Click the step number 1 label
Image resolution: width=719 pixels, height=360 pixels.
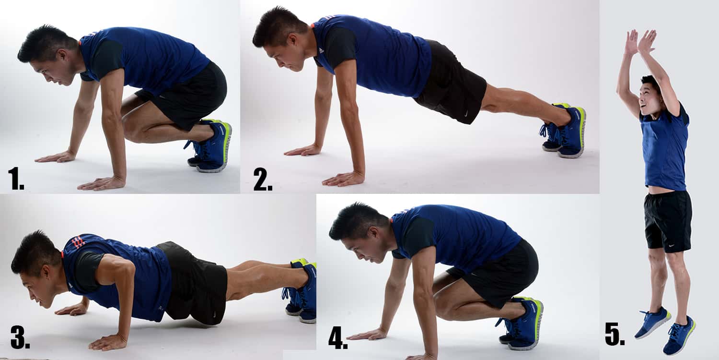point(16,179)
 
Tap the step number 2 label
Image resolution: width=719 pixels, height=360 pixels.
point(263,179)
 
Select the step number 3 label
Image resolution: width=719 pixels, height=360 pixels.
point(20,338)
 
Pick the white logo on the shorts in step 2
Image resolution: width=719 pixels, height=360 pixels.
point(466,115)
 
